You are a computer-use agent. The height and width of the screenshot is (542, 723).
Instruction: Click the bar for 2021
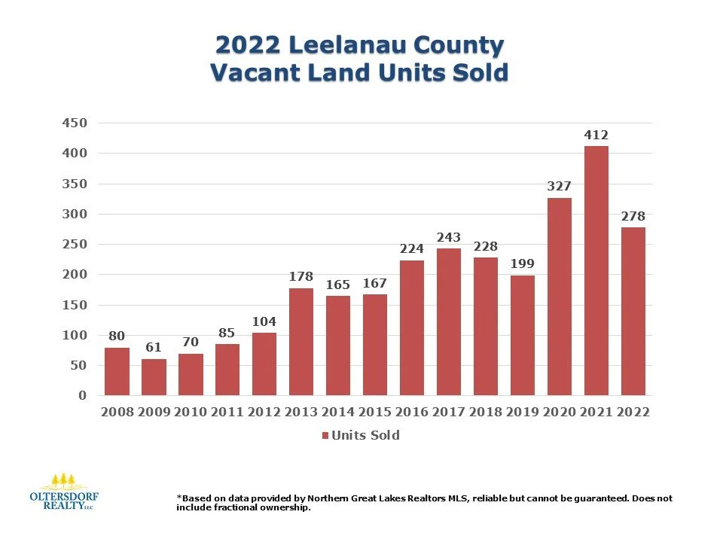pos(596,271)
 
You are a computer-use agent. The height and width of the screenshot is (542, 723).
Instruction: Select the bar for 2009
pos(154,377)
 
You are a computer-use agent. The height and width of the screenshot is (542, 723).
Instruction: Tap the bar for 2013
pos(301,342)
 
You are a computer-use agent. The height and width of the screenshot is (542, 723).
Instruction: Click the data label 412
pos(596,135)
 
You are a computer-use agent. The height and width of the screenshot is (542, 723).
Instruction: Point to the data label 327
pos(559,187)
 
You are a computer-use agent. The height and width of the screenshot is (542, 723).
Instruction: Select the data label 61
pos(154,347)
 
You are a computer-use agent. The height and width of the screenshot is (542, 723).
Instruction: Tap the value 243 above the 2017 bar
pos(448,238)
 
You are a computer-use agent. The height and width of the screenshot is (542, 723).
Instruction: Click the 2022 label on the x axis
pos(633,413)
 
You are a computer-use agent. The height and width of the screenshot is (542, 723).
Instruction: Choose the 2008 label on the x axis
pos(117,413)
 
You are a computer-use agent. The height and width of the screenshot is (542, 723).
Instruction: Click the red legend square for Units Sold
pos(325,436)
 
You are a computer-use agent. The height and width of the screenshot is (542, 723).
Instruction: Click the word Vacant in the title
pos(256,73)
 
